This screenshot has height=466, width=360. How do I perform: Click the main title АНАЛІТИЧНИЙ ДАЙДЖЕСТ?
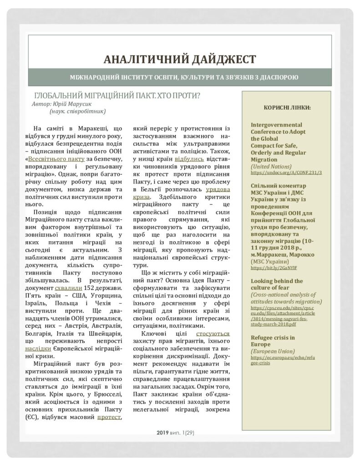pyautogui.click(x=180, y=59)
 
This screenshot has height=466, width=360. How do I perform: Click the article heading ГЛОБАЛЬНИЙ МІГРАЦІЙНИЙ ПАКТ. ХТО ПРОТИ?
pyautogui.click(x=118, y=96)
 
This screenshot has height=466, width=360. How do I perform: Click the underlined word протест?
pyautogui.click(x=109, y=417)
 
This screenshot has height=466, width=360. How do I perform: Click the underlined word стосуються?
pyautogui.click(x=213, y=334)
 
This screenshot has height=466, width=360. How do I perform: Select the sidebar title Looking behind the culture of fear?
pyautogui.click(x=277, y=284)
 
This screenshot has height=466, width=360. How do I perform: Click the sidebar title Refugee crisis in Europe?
pyautogui.click(x=273, y=341)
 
